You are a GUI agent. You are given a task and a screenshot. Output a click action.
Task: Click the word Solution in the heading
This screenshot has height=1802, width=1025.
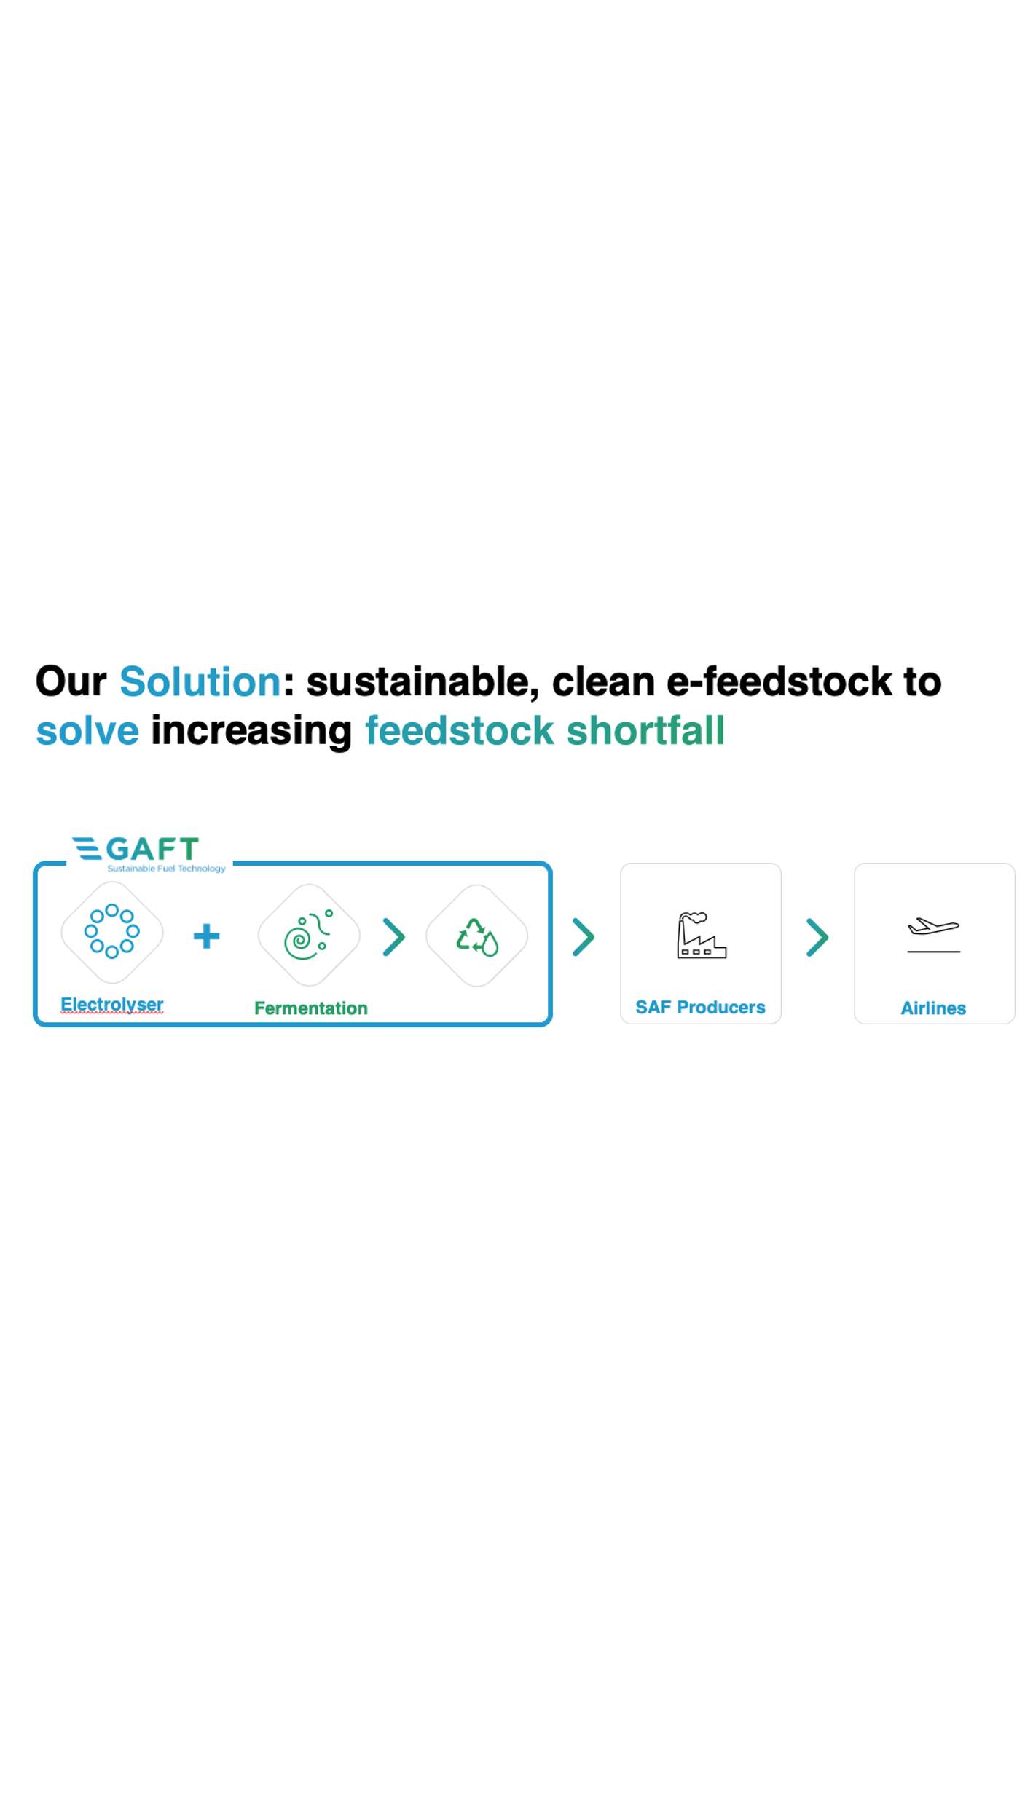tap(200, 681)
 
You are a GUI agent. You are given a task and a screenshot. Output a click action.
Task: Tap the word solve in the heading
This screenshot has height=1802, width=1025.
tap(87, 730)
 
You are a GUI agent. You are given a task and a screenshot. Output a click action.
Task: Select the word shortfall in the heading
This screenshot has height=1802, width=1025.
tap(645, 730)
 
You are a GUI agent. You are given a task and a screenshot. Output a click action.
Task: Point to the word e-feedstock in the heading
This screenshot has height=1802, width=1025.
tap(779, 681)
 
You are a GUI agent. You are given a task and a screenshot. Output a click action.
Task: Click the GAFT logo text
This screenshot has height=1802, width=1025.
tap(152, 848)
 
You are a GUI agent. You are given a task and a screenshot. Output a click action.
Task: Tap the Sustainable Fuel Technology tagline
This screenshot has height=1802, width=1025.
tap(166, 869)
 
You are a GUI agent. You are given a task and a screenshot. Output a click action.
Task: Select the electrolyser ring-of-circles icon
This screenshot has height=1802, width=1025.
tap(112, 931)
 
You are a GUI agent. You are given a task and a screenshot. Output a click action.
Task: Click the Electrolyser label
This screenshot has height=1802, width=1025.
tap(112, 1004)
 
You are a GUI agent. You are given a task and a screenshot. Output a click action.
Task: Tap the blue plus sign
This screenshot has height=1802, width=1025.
tap(206, 936)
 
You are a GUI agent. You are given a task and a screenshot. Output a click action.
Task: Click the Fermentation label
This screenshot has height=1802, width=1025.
tap(311, 1008)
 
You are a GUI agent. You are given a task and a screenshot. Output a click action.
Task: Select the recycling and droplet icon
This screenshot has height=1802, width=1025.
tap(477, 937)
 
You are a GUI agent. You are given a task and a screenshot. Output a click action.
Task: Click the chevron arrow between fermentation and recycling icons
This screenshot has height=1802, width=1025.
tap(394, 937)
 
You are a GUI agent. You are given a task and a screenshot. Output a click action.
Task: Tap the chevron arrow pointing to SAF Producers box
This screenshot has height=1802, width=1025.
tap(584, 937)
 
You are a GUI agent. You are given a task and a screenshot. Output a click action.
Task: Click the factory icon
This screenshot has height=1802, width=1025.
tap(701, 936)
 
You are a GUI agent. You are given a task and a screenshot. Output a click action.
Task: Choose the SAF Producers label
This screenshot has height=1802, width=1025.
tap(700, 1008)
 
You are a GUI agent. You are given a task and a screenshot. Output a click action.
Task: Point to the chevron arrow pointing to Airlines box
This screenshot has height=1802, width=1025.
tap(818, 937)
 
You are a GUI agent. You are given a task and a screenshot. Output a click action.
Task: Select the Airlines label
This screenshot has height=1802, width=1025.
tap(933, 1008)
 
